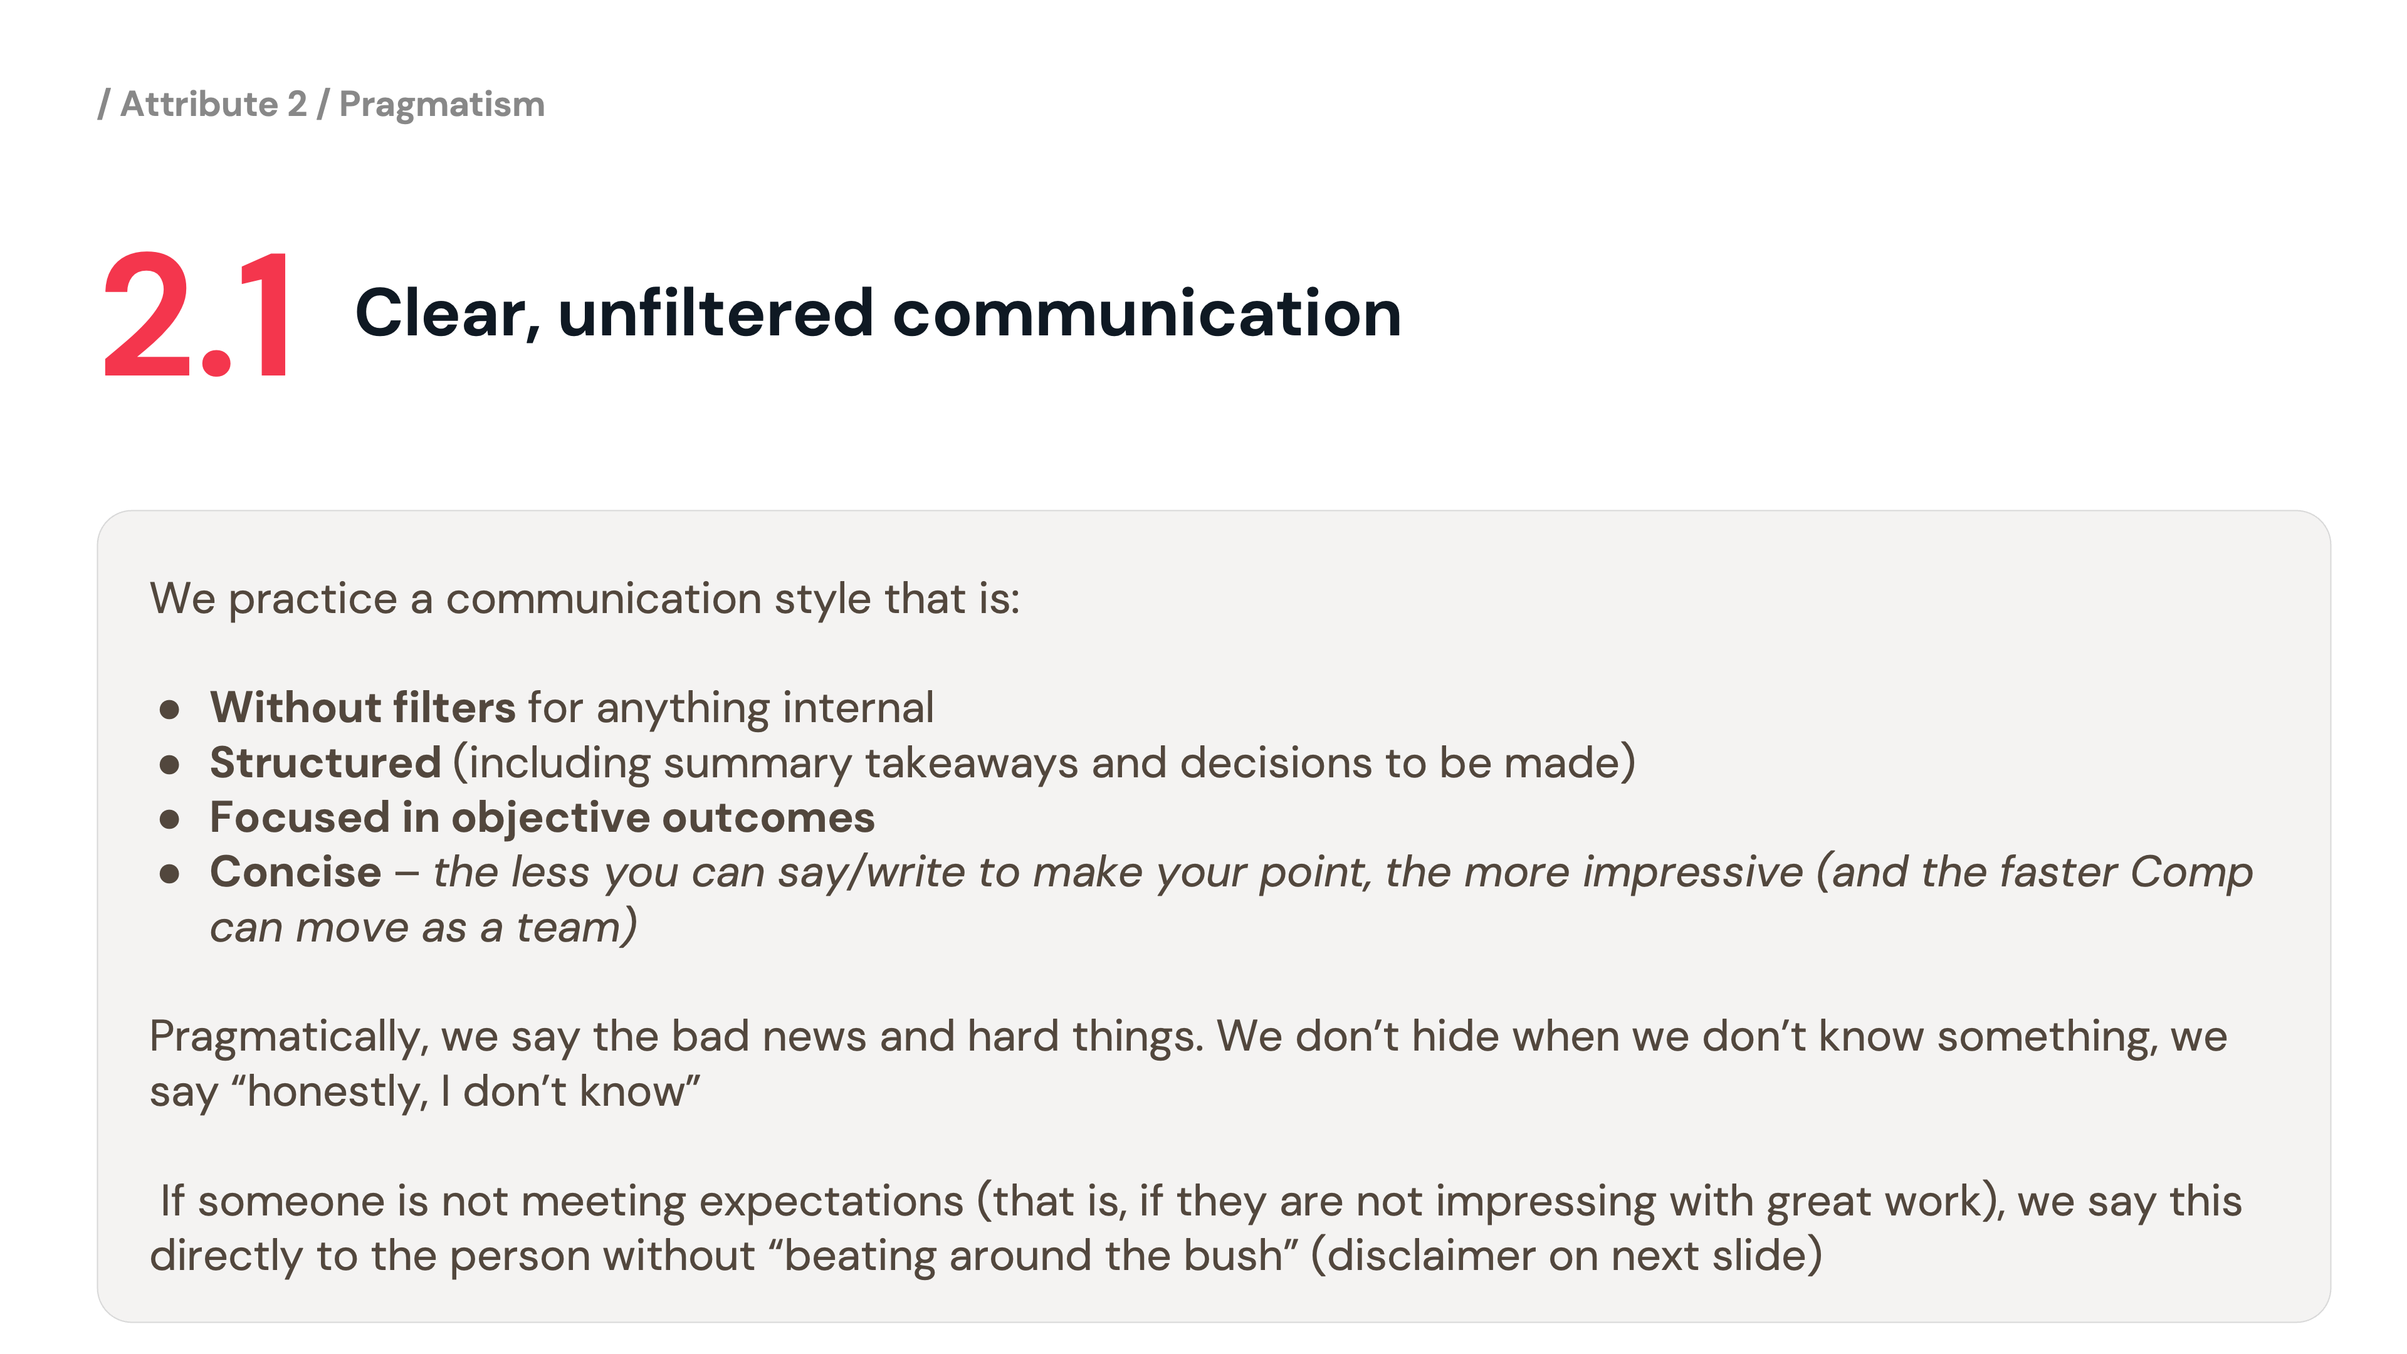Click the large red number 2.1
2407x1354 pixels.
coord(196,314)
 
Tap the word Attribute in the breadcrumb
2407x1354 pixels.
coord(199,103)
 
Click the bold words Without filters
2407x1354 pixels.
coord(362,707)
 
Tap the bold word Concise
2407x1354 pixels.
coord(295,872)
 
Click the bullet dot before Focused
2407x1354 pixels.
coord(169,819)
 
